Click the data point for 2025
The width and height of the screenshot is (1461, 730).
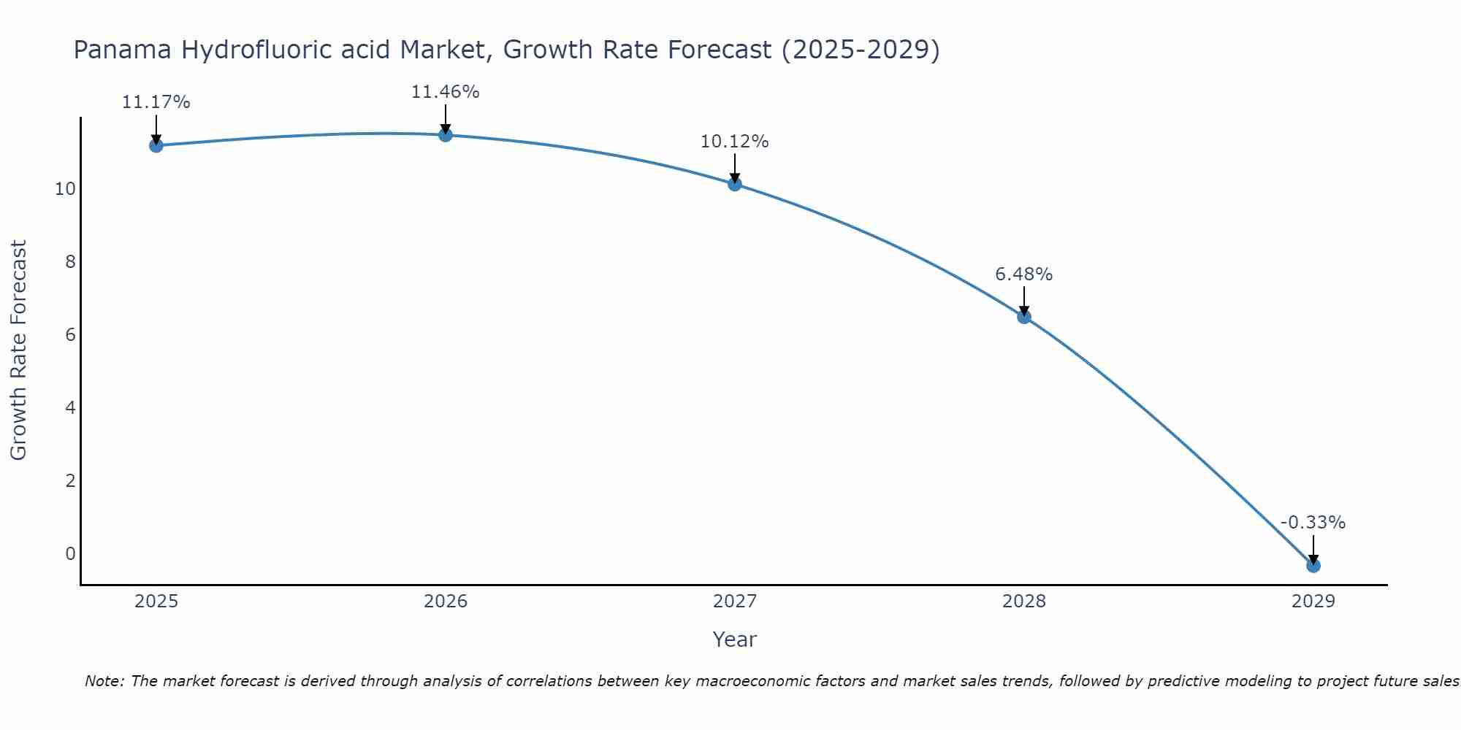tap(156, 145)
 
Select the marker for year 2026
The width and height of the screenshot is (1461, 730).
tap(445, 135)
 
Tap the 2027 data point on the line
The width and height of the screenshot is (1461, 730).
tap(734, 184)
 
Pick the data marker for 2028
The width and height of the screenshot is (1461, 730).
tap(1023, 317)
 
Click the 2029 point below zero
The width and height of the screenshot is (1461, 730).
tap(1313, 565)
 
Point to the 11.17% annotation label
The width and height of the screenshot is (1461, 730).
tap(156, 102)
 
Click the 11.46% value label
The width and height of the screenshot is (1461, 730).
tap(445, 92)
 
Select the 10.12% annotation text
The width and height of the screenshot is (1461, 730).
tap(734, 142)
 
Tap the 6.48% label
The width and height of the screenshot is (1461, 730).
tap(1023, 274)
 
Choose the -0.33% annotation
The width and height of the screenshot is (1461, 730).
tap(1312, 523)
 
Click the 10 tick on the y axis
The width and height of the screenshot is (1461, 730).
tap(65, 189)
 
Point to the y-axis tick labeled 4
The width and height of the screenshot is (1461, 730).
tap(70, 407)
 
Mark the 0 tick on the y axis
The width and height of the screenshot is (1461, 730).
tap(70, 553)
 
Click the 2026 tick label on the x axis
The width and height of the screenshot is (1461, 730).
tap(446, 602)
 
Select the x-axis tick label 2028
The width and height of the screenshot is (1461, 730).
tap(1023, 602)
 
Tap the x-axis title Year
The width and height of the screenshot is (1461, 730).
tap(734, 639)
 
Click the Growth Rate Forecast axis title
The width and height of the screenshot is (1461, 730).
tap(18, 350)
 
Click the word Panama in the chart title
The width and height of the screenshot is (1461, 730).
tap(123, 50)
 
